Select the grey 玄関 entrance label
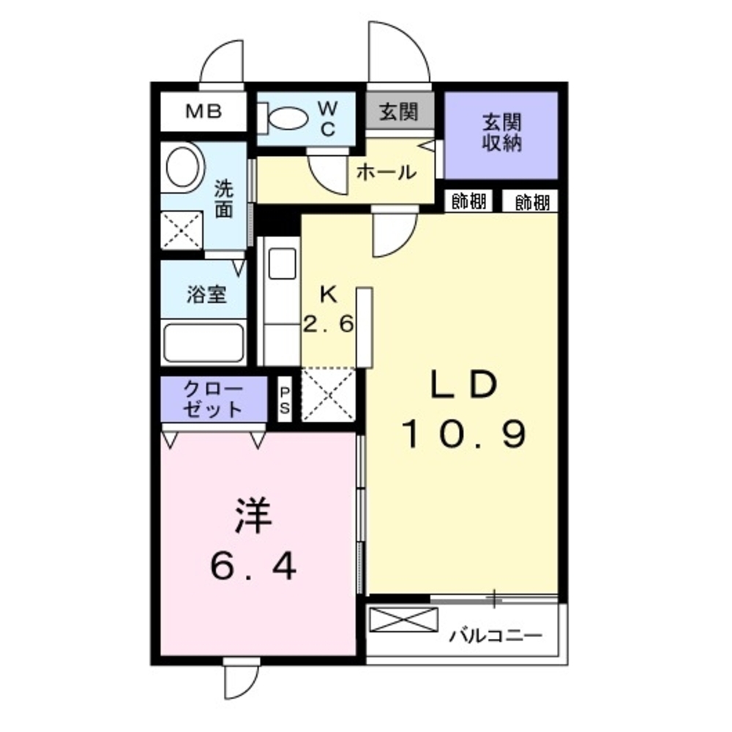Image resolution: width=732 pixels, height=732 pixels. pos(399,112)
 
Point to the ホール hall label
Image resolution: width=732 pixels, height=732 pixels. pos(386,173)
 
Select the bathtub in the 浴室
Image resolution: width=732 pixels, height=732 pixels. pos(203,342)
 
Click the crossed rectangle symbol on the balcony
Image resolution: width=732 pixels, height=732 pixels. pos(403,620)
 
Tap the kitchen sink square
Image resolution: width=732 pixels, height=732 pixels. pos(282,263)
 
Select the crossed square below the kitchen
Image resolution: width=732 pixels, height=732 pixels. pos(329,395)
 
